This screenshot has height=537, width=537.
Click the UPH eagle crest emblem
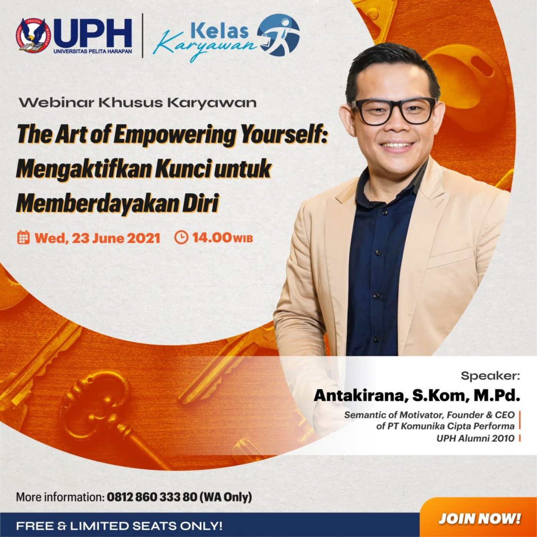(31, 35)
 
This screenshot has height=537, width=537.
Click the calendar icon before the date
(23, 237)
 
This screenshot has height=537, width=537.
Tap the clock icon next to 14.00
(181, 237)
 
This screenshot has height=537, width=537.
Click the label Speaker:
(490, 376)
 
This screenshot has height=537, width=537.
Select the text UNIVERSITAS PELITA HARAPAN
(93, 51)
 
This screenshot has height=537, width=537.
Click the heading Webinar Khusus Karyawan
(138, 103)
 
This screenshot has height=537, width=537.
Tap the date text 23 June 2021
(116, 238)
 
